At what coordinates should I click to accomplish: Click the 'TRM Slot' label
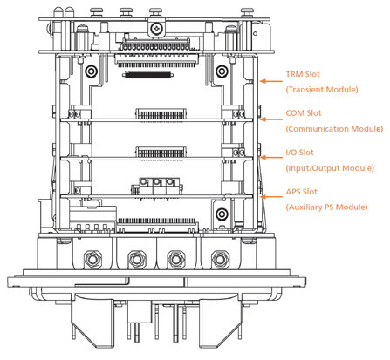tap(303, 74)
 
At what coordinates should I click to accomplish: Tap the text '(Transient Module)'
tap(322, 90)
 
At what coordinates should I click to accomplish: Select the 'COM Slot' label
tap(304, 113)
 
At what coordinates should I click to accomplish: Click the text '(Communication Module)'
tap(334, 129)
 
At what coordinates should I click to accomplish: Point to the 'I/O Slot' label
tap(299, 153)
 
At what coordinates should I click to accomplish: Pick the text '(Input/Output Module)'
tap(330, 168)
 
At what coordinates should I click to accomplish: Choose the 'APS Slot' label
tap(301, 192)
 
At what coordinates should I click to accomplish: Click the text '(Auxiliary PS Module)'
tap(326, 207)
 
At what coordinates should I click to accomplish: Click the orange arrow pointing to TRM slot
tap(271, 81)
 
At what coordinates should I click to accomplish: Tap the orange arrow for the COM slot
tap(271, 119)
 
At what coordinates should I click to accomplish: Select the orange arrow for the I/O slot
tap(271, 158)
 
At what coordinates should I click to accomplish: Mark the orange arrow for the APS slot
tap(271, 197)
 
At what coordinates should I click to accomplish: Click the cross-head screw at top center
tap(157, 28)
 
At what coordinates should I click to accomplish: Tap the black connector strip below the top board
tap(148, 75)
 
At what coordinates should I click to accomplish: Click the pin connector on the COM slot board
tap(161, 114)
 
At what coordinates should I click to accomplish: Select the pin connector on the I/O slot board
tap(161, 153)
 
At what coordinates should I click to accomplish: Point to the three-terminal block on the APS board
tap(157, 187)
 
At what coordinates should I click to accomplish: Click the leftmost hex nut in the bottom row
tap(92, 259)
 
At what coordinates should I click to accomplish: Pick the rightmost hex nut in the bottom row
tap(220, 259)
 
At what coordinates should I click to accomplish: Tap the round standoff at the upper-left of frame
tap(91, 71)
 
